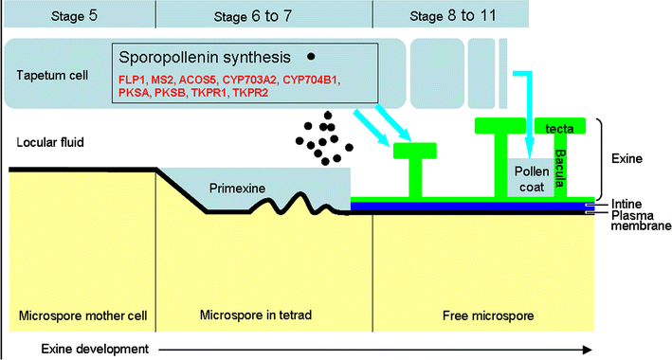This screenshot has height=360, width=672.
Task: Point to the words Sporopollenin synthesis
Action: point(204,56)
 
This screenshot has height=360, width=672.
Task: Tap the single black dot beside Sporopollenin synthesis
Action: point(311,56)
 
